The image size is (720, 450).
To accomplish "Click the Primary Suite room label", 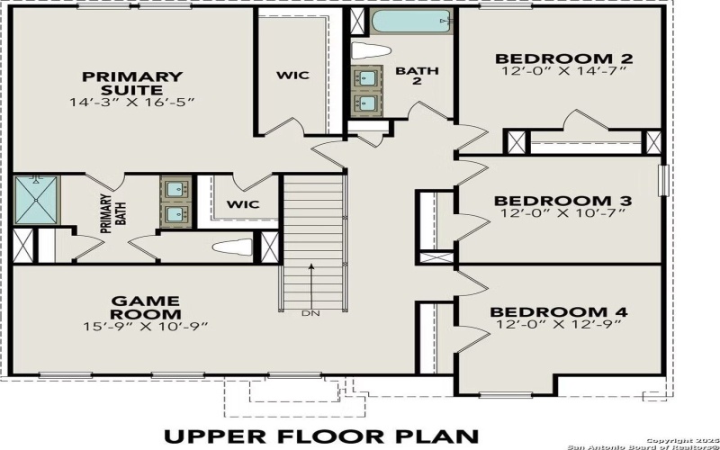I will (131, 83).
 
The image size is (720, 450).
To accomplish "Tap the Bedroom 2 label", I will (564, 59).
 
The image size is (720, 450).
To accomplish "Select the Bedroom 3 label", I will (563, 200).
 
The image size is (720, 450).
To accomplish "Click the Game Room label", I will (145, 306).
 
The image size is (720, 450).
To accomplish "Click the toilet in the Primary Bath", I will (232, 246).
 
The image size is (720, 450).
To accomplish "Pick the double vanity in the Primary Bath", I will (175, 202).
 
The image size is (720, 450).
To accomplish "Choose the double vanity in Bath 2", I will (367, 90).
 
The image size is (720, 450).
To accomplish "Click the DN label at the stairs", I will (310, 314).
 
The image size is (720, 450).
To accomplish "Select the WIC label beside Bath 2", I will (292, 74).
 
